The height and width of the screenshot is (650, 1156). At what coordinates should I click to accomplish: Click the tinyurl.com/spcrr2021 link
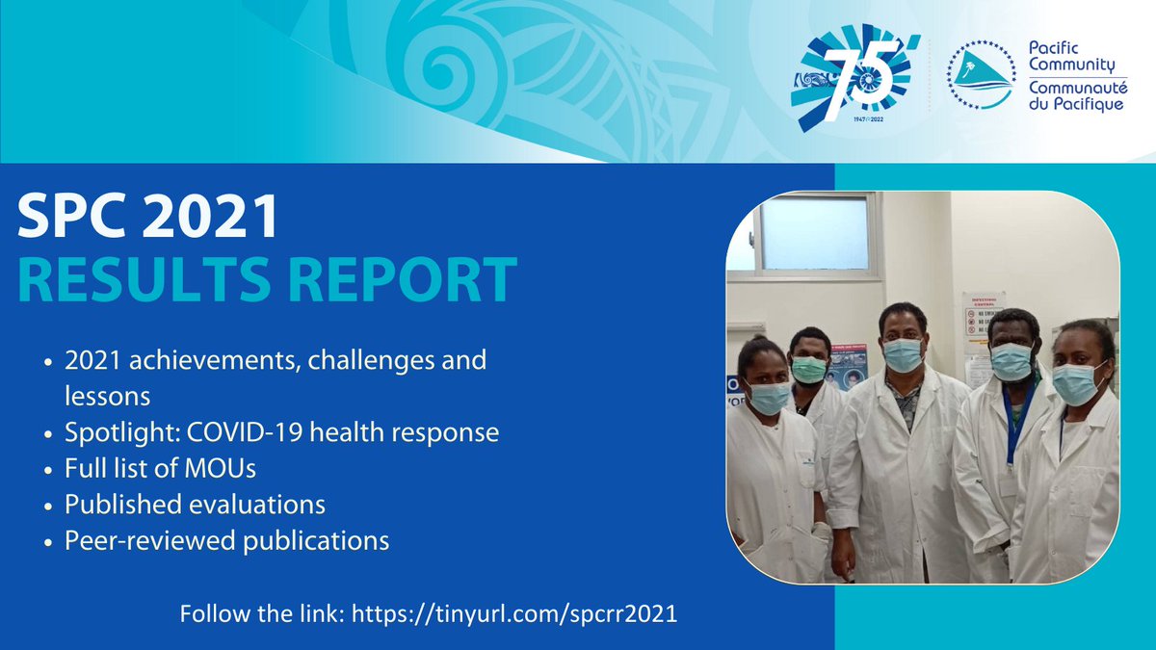[x=515, y=613]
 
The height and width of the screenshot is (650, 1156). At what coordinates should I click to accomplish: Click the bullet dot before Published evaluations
[x=48, y=505]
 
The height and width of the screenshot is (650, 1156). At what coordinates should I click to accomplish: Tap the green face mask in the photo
[x=808, y=370]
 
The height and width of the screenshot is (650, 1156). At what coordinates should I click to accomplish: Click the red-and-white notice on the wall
[x=983, y=319]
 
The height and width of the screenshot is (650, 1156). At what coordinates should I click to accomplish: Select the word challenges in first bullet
[x=367, y=361]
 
